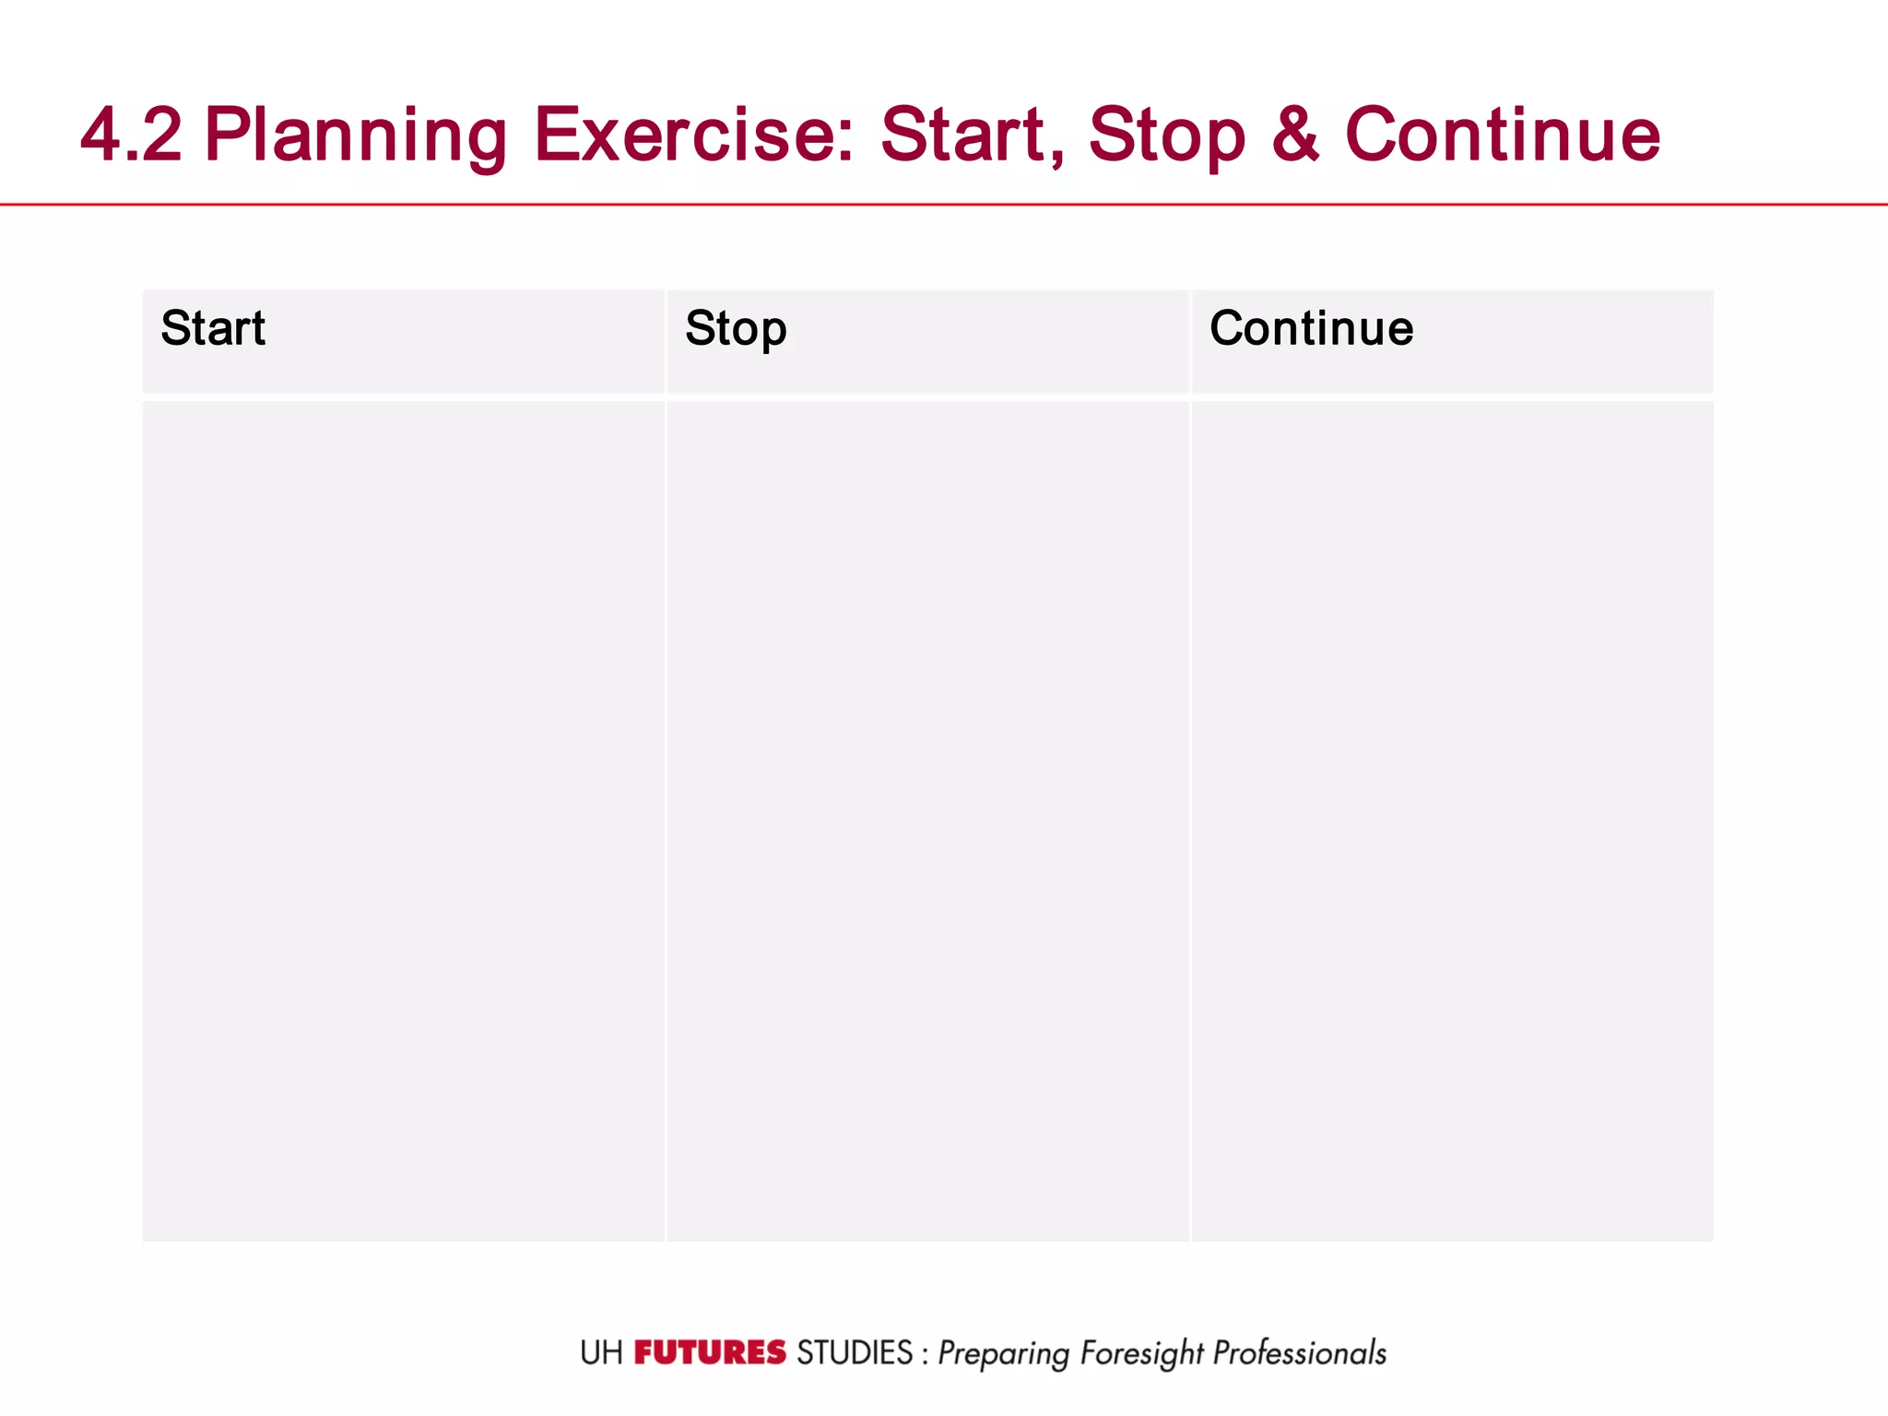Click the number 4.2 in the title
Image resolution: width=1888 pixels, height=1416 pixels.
point(131,135)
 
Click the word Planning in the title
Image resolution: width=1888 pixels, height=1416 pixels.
point(356,135)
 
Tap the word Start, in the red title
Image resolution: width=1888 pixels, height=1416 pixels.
point(972,135)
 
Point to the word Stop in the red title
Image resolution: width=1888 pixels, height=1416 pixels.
point(1166,135)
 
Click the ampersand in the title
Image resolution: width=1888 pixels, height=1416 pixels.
point(1295,135)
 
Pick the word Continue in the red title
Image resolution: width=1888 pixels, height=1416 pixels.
point(1503,135)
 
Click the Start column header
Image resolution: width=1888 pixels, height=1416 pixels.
point(214,328)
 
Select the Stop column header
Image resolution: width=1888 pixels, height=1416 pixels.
point(736,328)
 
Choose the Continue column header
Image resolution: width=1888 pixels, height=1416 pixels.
point(1311,328)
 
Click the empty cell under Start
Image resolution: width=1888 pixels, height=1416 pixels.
point(404,820)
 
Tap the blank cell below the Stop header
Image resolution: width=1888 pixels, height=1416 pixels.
point(927,820)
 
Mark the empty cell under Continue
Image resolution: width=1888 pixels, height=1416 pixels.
point(1452,820)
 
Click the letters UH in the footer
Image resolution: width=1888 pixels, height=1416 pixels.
point(601,1352)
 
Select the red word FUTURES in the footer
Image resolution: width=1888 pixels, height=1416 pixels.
point(710,1352)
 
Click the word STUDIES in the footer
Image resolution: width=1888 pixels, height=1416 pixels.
point(854,1352)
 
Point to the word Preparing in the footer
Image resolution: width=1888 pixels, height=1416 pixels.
point(1003,1353)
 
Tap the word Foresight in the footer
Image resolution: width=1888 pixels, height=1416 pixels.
point(1141,1353)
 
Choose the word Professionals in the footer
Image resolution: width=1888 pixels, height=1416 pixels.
point(1299,1352)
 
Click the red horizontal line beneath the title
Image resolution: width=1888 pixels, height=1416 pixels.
point(944,204)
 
